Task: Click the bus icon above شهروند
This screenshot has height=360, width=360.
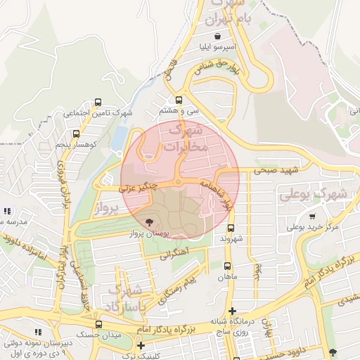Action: tap(231, 228)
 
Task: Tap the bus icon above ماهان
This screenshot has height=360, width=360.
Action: tap(227, 266)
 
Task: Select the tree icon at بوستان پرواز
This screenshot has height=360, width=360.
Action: tap(148, 221)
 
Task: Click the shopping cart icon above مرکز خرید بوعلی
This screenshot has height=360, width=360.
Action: tap(311, 217)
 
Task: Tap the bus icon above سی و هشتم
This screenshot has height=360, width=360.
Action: tap(179, 100)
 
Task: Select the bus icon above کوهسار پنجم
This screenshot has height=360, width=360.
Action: tap(76, 133)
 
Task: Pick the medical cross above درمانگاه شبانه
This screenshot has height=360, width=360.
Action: tap(232, 311)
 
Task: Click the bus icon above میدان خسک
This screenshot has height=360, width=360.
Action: tap(98, 324)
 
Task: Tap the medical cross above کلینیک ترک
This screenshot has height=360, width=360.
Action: tap(141, 345)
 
